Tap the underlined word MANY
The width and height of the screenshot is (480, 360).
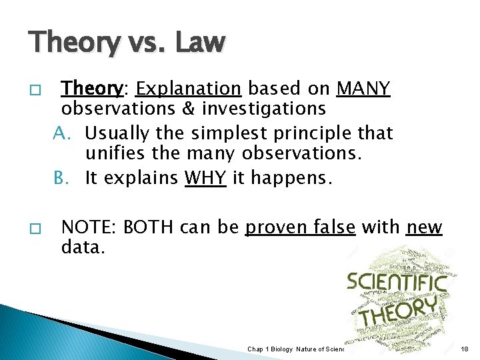pyautogui.click(x=363, y=89)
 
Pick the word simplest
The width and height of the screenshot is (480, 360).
pyautogui.click(x=231, y=133)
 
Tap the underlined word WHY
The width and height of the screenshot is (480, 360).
pyautogui.click(x=203, y=179)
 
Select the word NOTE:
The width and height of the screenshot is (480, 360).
pyautogui.click(x=85, y=228)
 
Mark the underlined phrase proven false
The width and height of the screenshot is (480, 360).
pyautogui.click(x=300, y=228)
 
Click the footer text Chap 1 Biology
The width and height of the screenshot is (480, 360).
pyautogui.click(x=269, y=349)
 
